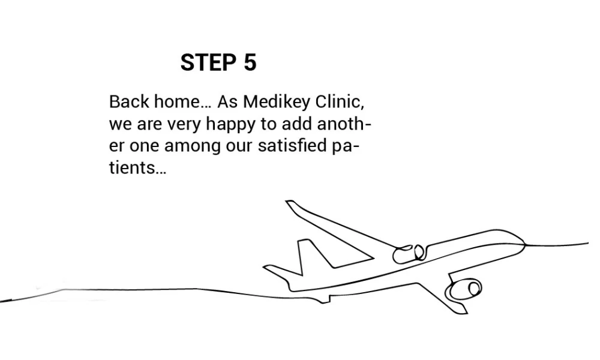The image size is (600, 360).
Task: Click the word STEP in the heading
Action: pyautogui.click(x=208, y=62)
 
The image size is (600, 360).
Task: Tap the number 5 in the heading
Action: pyautogui.click(x=250, y=62)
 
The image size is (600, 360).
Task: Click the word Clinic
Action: pyautogui.click(x=340, y=102)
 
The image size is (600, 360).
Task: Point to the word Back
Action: pyautogui.click(x=129, y=102)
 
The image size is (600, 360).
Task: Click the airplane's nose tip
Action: pyautogui.click(x=525, y=244)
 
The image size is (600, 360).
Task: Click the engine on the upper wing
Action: pyautogui.click(x=408, y=254)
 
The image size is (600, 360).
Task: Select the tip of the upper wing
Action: pyautogui.click(x=290, y=202)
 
